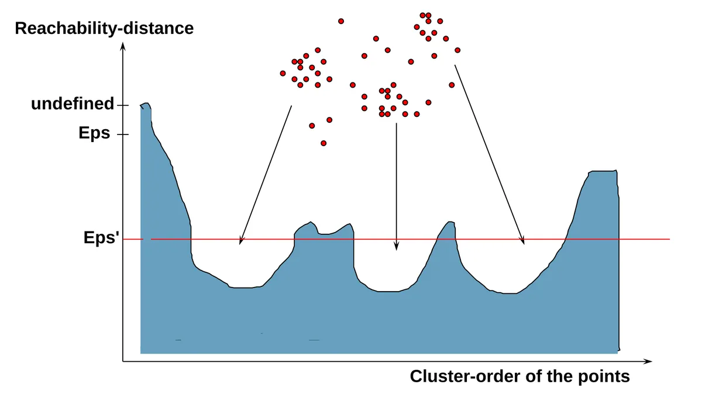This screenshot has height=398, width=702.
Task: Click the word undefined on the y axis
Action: pos(73,103)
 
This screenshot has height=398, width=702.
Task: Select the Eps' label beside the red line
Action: pos(101,237)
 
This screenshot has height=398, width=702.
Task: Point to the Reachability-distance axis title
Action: pos(104,29)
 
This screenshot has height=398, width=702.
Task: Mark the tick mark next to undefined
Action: pos(122,105)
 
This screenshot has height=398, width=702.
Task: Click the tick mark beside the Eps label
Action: pos(122,134)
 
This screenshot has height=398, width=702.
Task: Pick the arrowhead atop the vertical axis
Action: pos(123,46)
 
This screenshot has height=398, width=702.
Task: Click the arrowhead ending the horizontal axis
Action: pos(648,361)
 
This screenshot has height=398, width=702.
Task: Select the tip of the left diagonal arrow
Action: pos(240,244)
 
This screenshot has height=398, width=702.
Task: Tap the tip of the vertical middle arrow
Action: pos(397,250)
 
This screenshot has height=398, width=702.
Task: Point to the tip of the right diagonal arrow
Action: pos(524,244)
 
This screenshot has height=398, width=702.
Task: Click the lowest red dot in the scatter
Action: pos(324,143)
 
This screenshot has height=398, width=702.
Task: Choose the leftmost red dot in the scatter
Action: pos(283,73)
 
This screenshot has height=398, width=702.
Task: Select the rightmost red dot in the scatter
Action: pos(457,50)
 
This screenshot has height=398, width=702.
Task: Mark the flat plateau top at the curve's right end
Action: pos(603,171)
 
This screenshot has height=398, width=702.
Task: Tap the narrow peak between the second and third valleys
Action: pos(450,222)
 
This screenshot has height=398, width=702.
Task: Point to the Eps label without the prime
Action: pos(94,133)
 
